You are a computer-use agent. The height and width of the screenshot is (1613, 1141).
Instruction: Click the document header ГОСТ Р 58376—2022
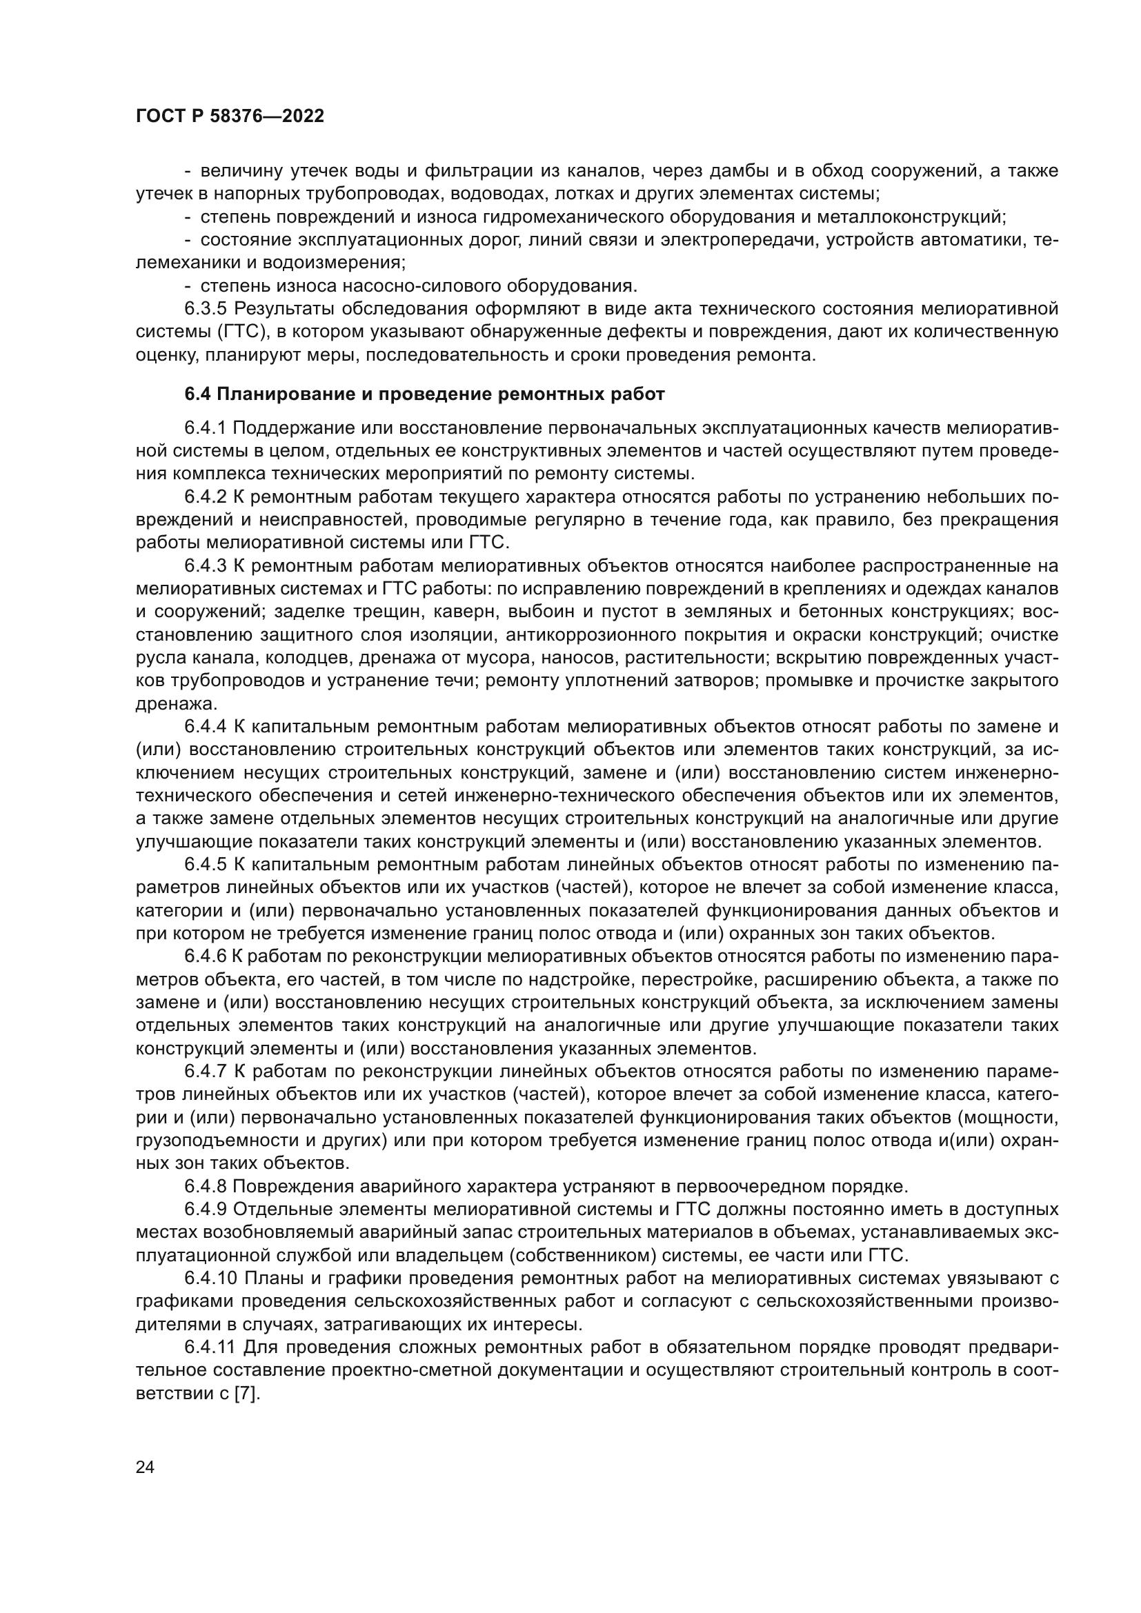(x=230, y=117)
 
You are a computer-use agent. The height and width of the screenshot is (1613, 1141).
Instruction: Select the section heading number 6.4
(x=197, y=394)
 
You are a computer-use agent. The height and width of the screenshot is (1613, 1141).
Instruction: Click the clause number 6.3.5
(x=206, y=308)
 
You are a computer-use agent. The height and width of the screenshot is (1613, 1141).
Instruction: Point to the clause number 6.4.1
(x=206, y=428)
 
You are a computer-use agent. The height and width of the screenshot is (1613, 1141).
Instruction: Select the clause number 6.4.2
(x=206, y=497)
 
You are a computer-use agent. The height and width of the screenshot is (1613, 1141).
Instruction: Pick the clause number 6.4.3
(x=206, y=565)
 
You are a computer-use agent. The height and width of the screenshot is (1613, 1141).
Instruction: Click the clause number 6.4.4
(x=206, y=725)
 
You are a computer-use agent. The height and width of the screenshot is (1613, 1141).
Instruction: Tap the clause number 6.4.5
(x=206, y=864)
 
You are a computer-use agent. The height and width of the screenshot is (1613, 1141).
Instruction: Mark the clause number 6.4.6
(x=206, y=956)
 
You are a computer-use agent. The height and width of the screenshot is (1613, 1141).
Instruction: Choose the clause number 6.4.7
(x=206, y=1071)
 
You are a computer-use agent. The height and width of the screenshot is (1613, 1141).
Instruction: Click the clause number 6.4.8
(x=206, y=1186)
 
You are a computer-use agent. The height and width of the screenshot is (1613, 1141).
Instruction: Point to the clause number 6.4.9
(x=206, y=1209)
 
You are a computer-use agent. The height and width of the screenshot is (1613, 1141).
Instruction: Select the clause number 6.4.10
(x=210, y=1277)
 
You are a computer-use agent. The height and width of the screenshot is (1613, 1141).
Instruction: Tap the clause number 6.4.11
(x=210, y=1346)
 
